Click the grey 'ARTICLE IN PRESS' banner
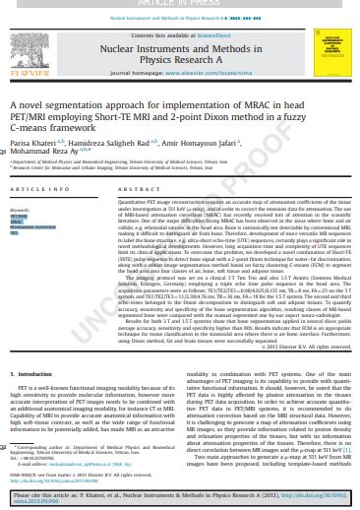point(180,4)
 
